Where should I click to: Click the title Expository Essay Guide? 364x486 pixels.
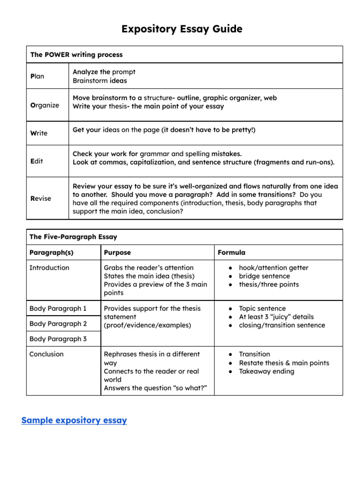coord(182,29)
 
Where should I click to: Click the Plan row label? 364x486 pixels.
coord(37,76)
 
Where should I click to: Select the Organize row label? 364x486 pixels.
coord(45,105)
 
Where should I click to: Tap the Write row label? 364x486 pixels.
coord(39,133)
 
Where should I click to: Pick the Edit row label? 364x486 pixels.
coord(36,161)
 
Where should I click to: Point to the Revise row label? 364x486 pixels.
coord(41,198)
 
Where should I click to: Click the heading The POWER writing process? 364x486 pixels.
coord(76,55)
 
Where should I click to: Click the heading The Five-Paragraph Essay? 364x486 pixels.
coord(73,237)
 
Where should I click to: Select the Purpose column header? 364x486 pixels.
coord(117,252)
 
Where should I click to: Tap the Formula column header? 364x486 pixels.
coord(231,252)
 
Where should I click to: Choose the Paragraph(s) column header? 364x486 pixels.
coord(51,252)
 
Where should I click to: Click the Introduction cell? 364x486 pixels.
coord(49,268)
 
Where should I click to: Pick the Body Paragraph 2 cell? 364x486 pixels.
coord(58,324)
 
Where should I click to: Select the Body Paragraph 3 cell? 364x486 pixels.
coord(58,339)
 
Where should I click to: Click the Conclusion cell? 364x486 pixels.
coord(46,354)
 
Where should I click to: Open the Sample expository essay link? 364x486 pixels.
coord(74,421)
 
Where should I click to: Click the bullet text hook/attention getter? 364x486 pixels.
coord(273,268)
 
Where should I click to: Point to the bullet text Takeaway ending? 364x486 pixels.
coord(266,371)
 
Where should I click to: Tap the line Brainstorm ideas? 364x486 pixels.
coord(100,81)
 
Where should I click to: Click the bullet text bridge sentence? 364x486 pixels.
coord(264,276)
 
